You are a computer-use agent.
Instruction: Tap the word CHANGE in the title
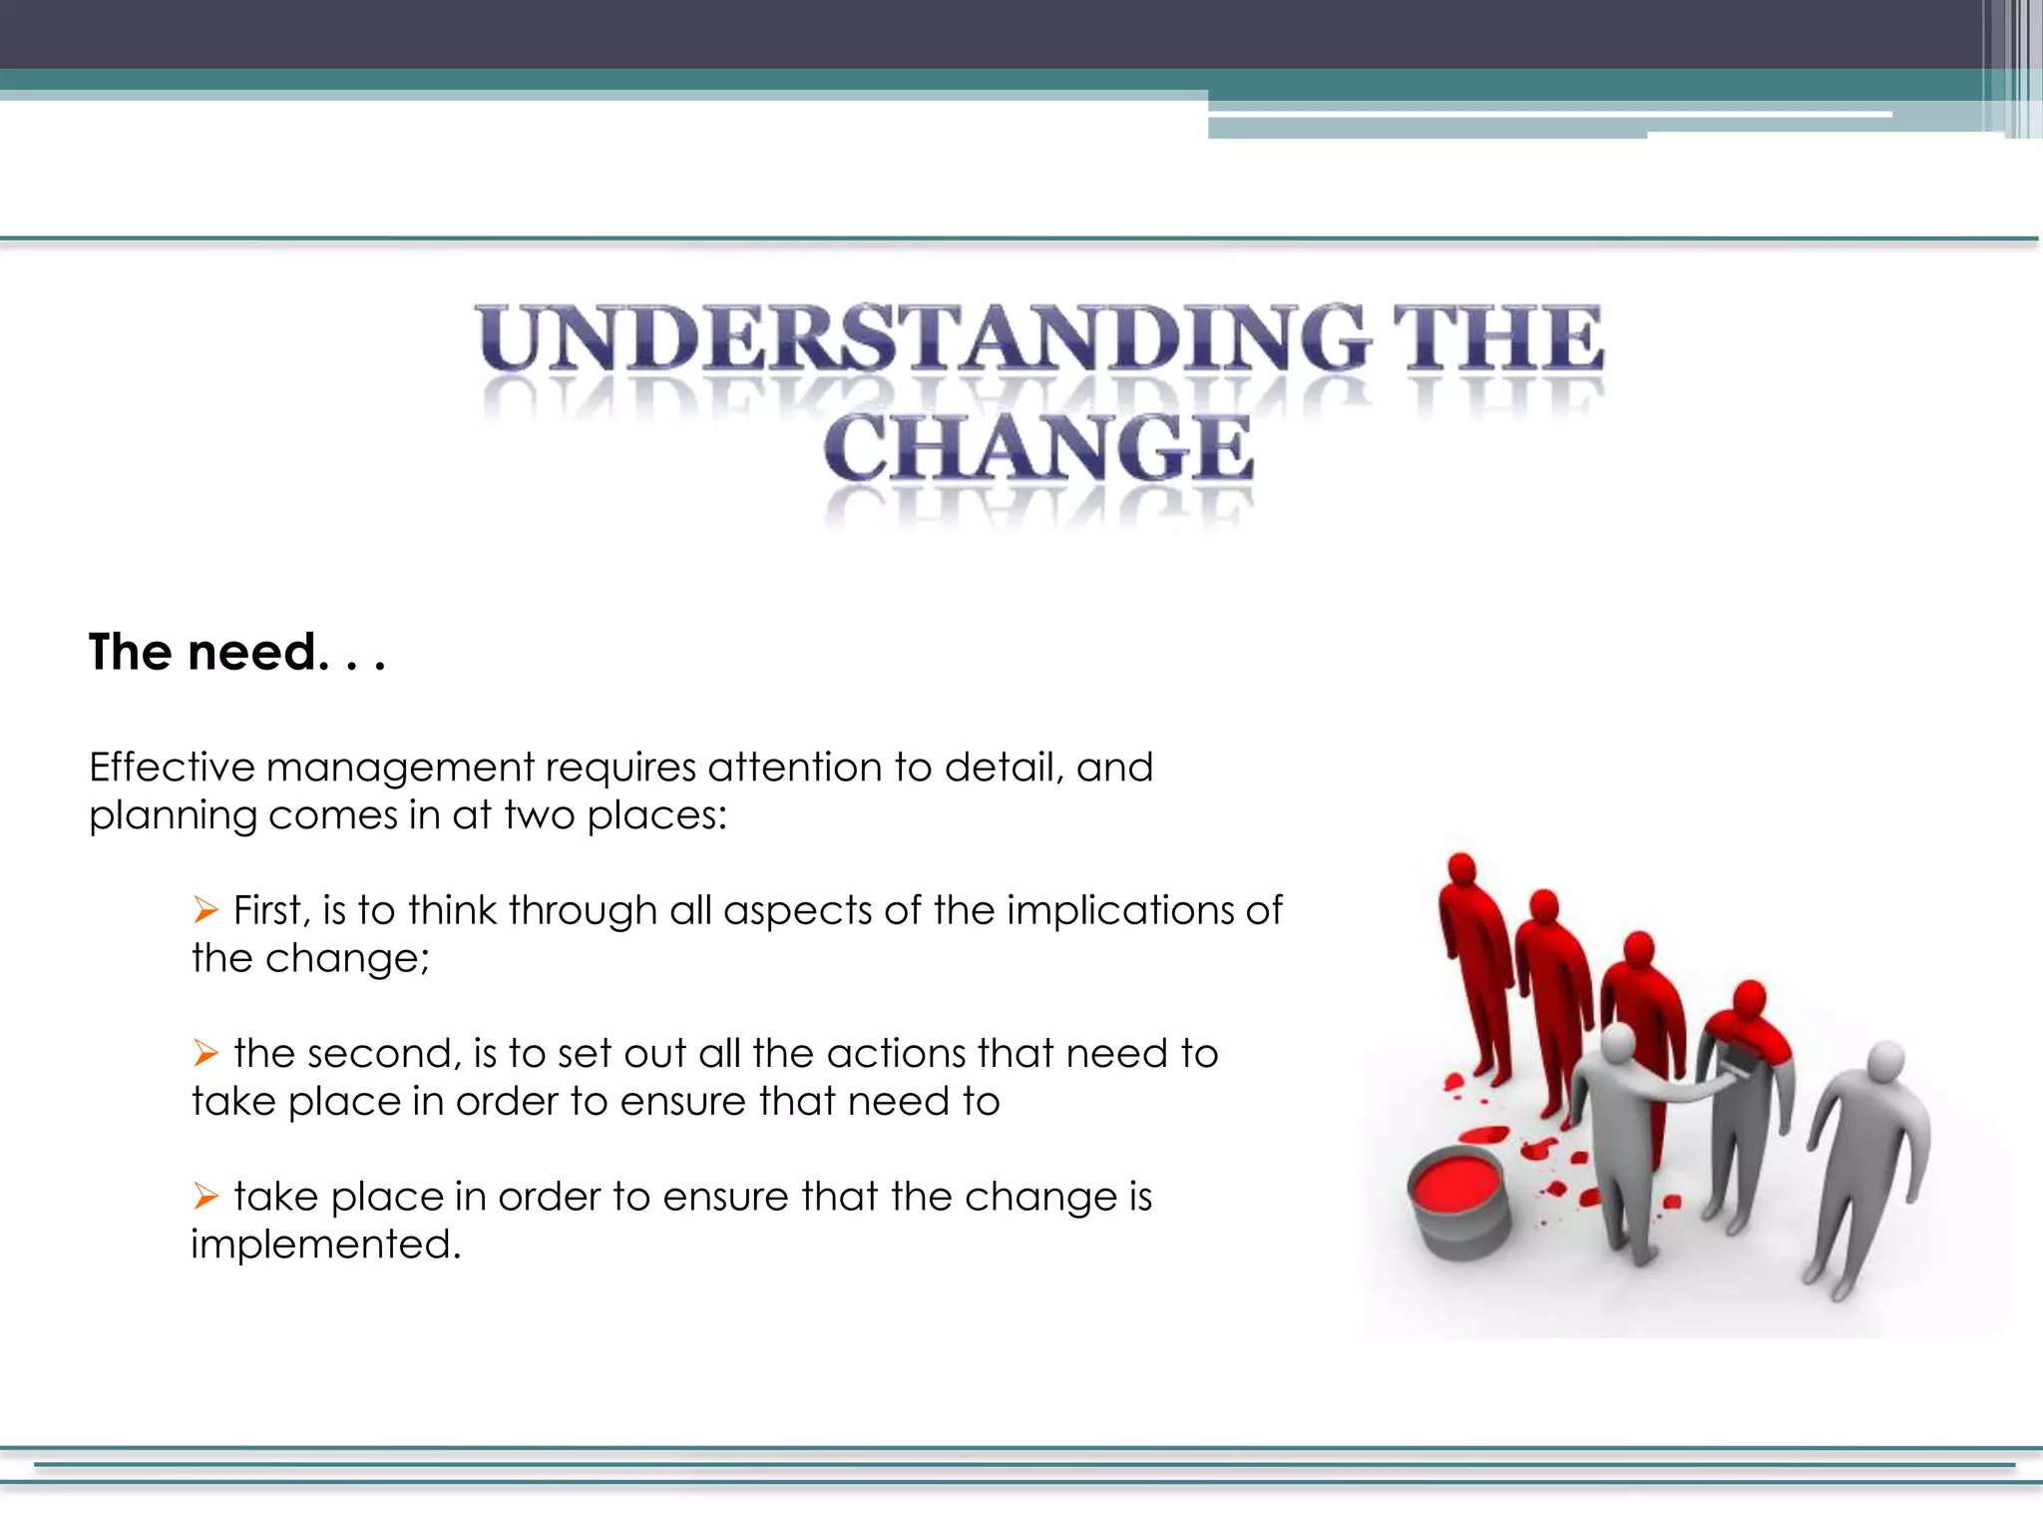coord(1037,449)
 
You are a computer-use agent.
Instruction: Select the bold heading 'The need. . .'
coord(236,653)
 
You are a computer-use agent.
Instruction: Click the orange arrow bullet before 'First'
coord(205,910)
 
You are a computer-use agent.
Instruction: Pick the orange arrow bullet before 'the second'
coord(205,1053)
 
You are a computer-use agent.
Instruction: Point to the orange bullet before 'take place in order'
coord(205,1196)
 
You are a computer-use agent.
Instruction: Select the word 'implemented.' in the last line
coord(326,1245)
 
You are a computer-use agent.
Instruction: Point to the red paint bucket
coord(1458,1201)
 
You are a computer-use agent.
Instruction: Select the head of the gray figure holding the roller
coord(1617,1043)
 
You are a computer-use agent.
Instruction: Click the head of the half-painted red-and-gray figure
coord(1750,998)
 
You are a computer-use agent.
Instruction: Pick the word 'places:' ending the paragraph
coord(656,816)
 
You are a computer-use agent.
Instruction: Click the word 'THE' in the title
coord(1496,339)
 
